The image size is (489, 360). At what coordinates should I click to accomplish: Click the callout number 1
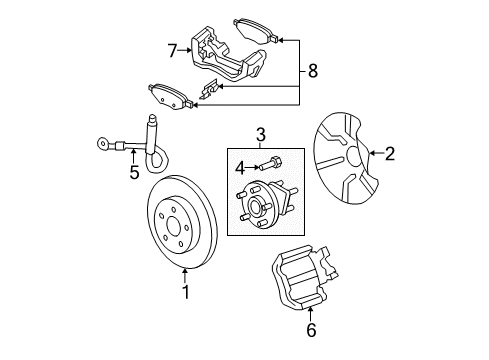(185, 292)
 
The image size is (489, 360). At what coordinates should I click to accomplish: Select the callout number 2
(390, 153)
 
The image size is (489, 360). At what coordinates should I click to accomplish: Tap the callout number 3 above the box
(260, 133)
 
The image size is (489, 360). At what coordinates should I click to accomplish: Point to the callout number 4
(238, 167)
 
